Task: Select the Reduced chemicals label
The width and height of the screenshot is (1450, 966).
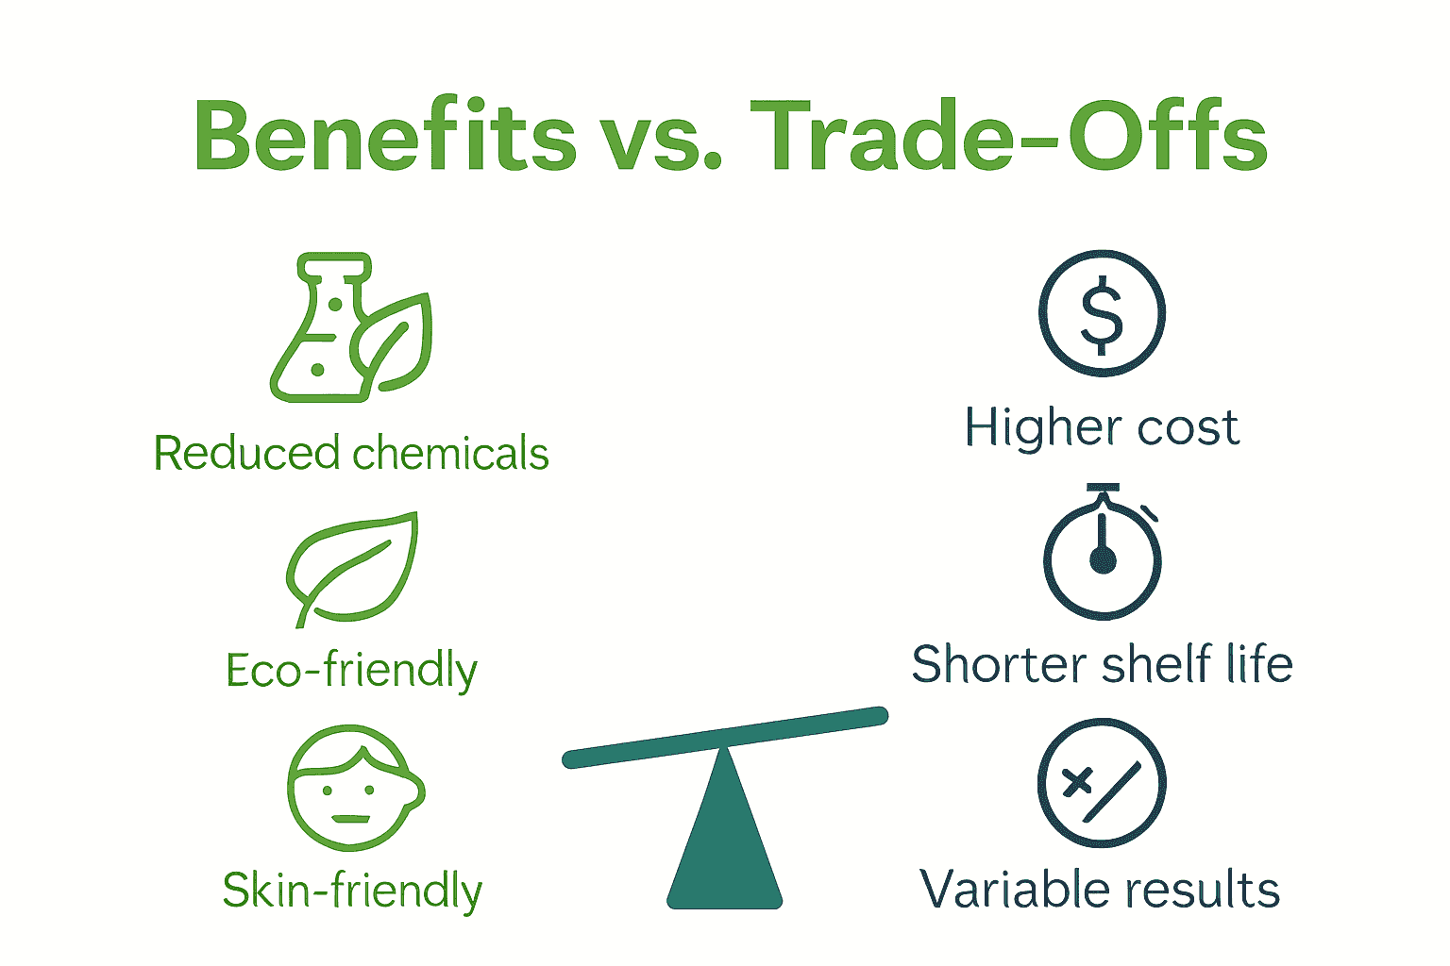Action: pyautogui.click(x=351, y=453)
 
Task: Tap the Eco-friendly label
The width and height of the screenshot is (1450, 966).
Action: pyautogui.click(x=351, y=671)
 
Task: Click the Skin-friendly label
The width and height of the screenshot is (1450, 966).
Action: pyautogui.click(x=352, y=891)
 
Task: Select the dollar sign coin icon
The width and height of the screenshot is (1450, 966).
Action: pyautogui.click(x=1102, y=313)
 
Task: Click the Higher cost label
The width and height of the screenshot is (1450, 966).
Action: pyautogui.click(x=1102, y=427)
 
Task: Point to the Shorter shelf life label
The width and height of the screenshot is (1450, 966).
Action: pyautogui.click(x=1102, y=664)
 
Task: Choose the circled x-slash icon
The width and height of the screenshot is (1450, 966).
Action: pyautogui.click(x=1102, y=784)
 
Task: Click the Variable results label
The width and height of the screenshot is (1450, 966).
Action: pyautogui.click(x=1100, y=890)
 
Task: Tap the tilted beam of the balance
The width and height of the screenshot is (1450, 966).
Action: pyautogui.click(x=725, y=737)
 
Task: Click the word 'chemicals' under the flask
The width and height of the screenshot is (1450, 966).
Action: pyautogui.click(x=451, y=453)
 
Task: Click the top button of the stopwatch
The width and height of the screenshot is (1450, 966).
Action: pyautogui.click(x=1102, y=489)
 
